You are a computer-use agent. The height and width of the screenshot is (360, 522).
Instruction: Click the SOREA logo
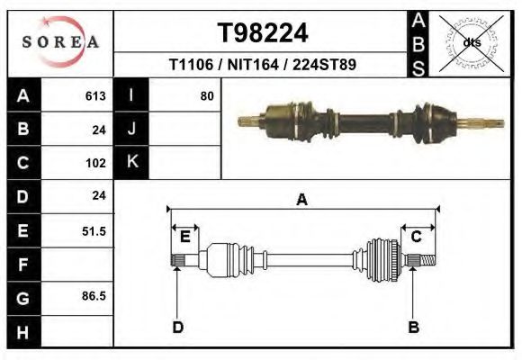[x=60, y=42]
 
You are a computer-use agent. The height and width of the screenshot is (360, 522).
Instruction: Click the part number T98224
[x=263, y=33]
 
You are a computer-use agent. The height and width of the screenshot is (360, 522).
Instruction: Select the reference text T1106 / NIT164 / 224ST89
[x=263, y=65]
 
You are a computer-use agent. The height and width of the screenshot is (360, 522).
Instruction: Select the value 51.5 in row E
[x=94, y=231]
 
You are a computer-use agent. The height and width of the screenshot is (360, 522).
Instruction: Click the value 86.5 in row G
[x=94, y=294]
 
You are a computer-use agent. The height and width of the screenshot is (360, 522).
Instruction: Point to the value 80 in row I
[x=207, y=95]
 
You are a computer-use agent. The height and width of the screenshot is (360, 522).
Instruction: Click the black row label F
[x=22, y=265]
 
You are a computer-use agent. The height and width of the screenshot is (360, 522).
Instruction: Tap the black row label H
[x=22, y=332]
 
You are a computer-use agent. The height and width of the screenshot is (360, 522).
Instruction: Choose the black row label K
[x=131, y=162]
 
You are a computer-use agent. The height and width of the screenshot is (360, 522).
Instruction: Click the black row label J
[x=131, y=129]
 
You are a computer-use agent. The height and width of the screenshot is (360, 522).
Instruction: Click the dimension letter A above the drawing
[x=301, y=200]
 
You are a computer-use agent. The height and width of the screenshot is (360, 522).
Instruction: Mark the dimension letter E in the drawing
[x=184, y=237]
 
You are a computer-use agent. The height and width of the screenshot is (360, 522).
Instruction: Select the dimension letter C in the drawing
[x=417, y=237]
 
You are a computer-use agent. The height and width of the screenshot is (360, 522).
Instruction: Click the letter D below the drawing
[x=177, y=327]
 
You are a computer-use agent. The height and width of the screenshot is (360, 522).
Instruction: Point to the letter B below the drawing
[x=414, y=327]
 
